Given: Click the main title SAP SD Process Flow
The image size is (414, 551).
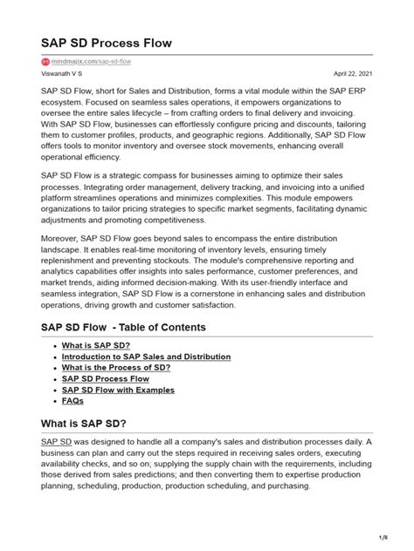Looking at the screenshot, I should coord(107,42).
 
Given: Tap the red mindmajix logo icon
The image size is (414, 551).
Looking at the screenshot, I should coord(45,62).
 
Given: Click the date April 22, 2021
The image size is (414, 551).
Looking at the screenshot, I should coord(352,75).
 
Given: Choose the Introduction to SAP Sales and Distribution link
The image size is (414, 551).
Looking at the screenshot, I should coord(146,357).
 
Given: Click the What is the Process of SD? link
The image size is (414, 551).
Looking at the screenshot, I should coord(116,368).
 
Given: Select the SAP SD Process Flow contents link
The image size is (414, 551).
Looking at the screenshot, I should coord(106,379).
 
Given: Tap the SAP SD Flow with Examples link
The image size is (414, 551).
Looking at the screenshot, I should coord(118,390).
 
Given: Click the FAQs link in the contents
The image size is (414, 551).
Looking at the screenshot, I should coord(73,401).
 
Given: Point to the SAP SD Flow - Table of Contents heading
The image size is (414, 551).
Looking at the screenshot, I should coord(123,327).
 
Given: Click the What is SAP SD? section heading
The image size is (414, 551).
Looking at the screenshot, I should coord(84,424).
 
